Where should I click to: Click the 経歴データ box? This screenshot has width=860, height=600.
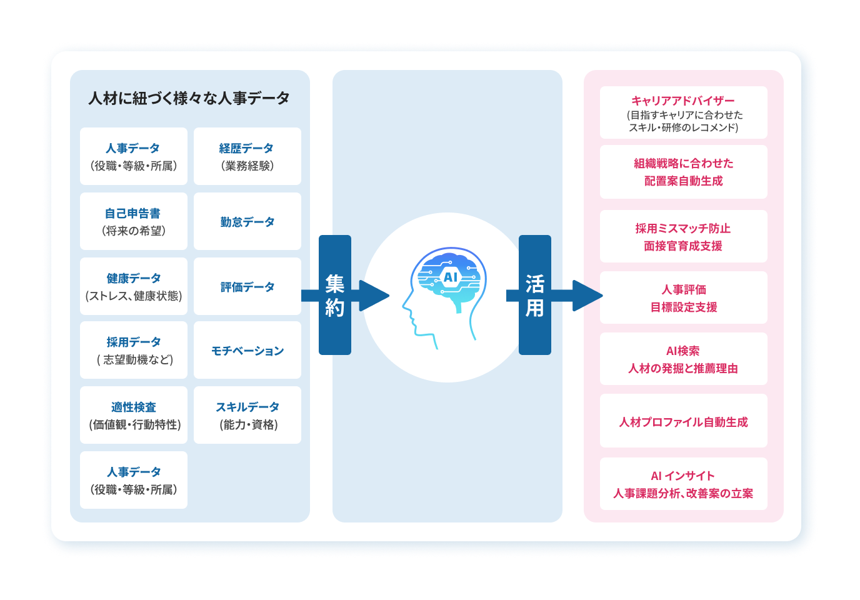pos(247,156)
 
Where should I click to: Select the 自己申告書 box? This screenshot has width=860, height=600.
pos(133,221)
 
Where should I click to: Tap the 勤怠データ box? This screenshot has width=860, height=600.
pos(247,221)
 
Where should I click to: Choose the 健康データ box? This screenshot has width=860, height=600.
pos(133,286)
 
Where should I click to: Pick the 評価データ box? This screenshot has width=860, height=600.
pos(247,286)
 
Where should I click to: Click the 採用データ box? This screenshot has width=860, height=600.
pos(133,350)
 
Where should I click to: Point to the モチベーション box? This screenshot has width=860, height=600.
pos(247,350)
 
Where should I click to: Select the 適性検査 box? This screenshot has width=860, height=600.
pos(133,415)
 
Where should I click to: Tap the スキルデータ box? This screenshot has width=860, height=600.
pos(247,415)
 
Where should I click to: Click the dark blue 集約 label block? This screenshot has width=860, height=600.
pos(335,295)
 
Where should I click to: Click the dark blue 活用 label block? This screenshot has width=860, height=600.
pos(535,295)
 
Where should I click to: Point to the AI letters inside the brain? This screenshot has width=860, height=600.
pos(450,277)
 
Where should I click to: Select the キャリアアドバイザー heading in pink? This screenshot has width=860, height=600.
pos(683,101)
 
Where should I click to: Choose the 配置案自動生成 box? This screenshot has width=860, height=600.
pos(683,172)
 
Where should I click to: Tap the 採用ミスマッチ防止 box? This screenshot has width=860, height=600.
pos(683,236)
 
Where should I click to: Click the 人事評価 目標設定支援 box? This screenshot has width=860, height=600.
pos(683,297)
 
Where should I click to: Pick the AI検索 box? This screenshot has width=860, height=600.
pos(683,359)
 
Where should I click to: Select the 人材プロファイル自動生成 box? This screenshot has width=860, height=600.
pos(683,421)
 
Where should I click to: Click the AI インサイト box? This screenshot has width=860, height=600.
pos(683,484)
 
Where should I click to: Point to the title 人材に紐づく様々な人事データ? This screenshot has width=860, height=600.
pos(189,98)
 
